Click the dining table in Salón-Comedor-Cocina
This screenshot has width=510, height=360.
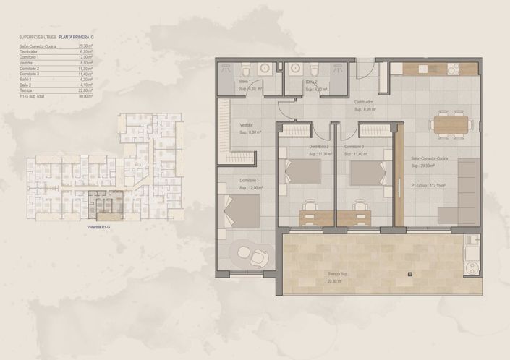[x=451, y=124]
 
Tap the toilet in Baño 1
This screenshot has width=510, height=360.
[x=245, y=69]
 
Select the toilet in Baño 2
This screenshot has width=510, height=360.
[x=313, y=70]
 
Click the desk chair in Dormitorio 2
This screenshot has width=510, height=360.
[x=311, y=206]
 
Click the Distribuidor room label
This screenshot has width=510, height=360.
[x=363, y=103]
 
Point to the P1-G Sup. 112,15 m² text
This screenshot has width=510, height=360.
[x=428, y=186]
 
